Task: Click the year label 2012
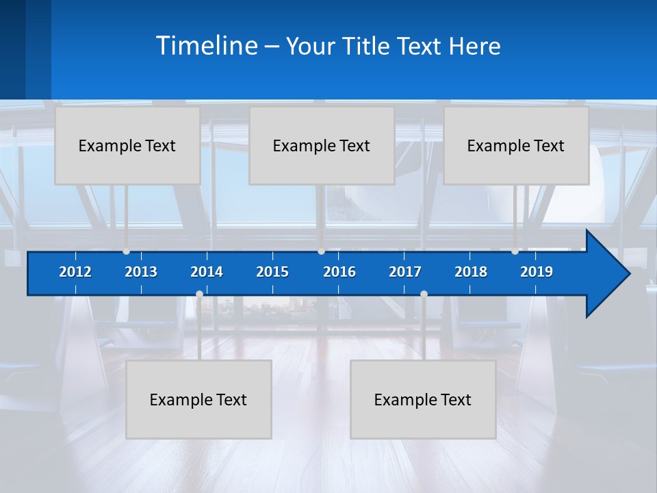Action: [x=75, y=272]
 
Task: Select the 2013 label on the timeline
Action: [x=141, y=272]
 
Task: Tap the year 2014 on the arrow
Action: [x=207, y=272]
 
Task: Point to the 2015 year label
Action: [x=272, y=272]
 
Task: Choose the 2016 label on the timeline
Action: [x=339, y=272]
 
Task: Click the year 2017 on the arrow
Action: [x=405, y=272]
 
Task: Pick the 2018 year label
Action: [x=471, y=272]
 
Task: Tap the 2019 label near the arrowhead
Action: [x=537, y=272]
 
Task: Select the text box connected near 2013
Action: [x=127, y=145]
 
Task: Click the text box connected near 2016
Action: [x=322, y=145]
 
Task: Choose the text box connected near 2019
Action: [x=516, y=145]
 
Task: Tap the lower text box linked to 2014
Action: [x=198, y=399]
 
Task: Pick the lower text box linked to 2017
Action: [x=423, y=399]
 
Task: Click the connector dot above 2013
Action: [x=127, y=251]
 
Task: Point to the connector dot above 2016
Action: [x=322, y=251]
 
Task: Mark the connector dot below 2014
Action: [x=199, y=294]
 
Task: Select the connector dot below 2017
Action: [x=424, y=294]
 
